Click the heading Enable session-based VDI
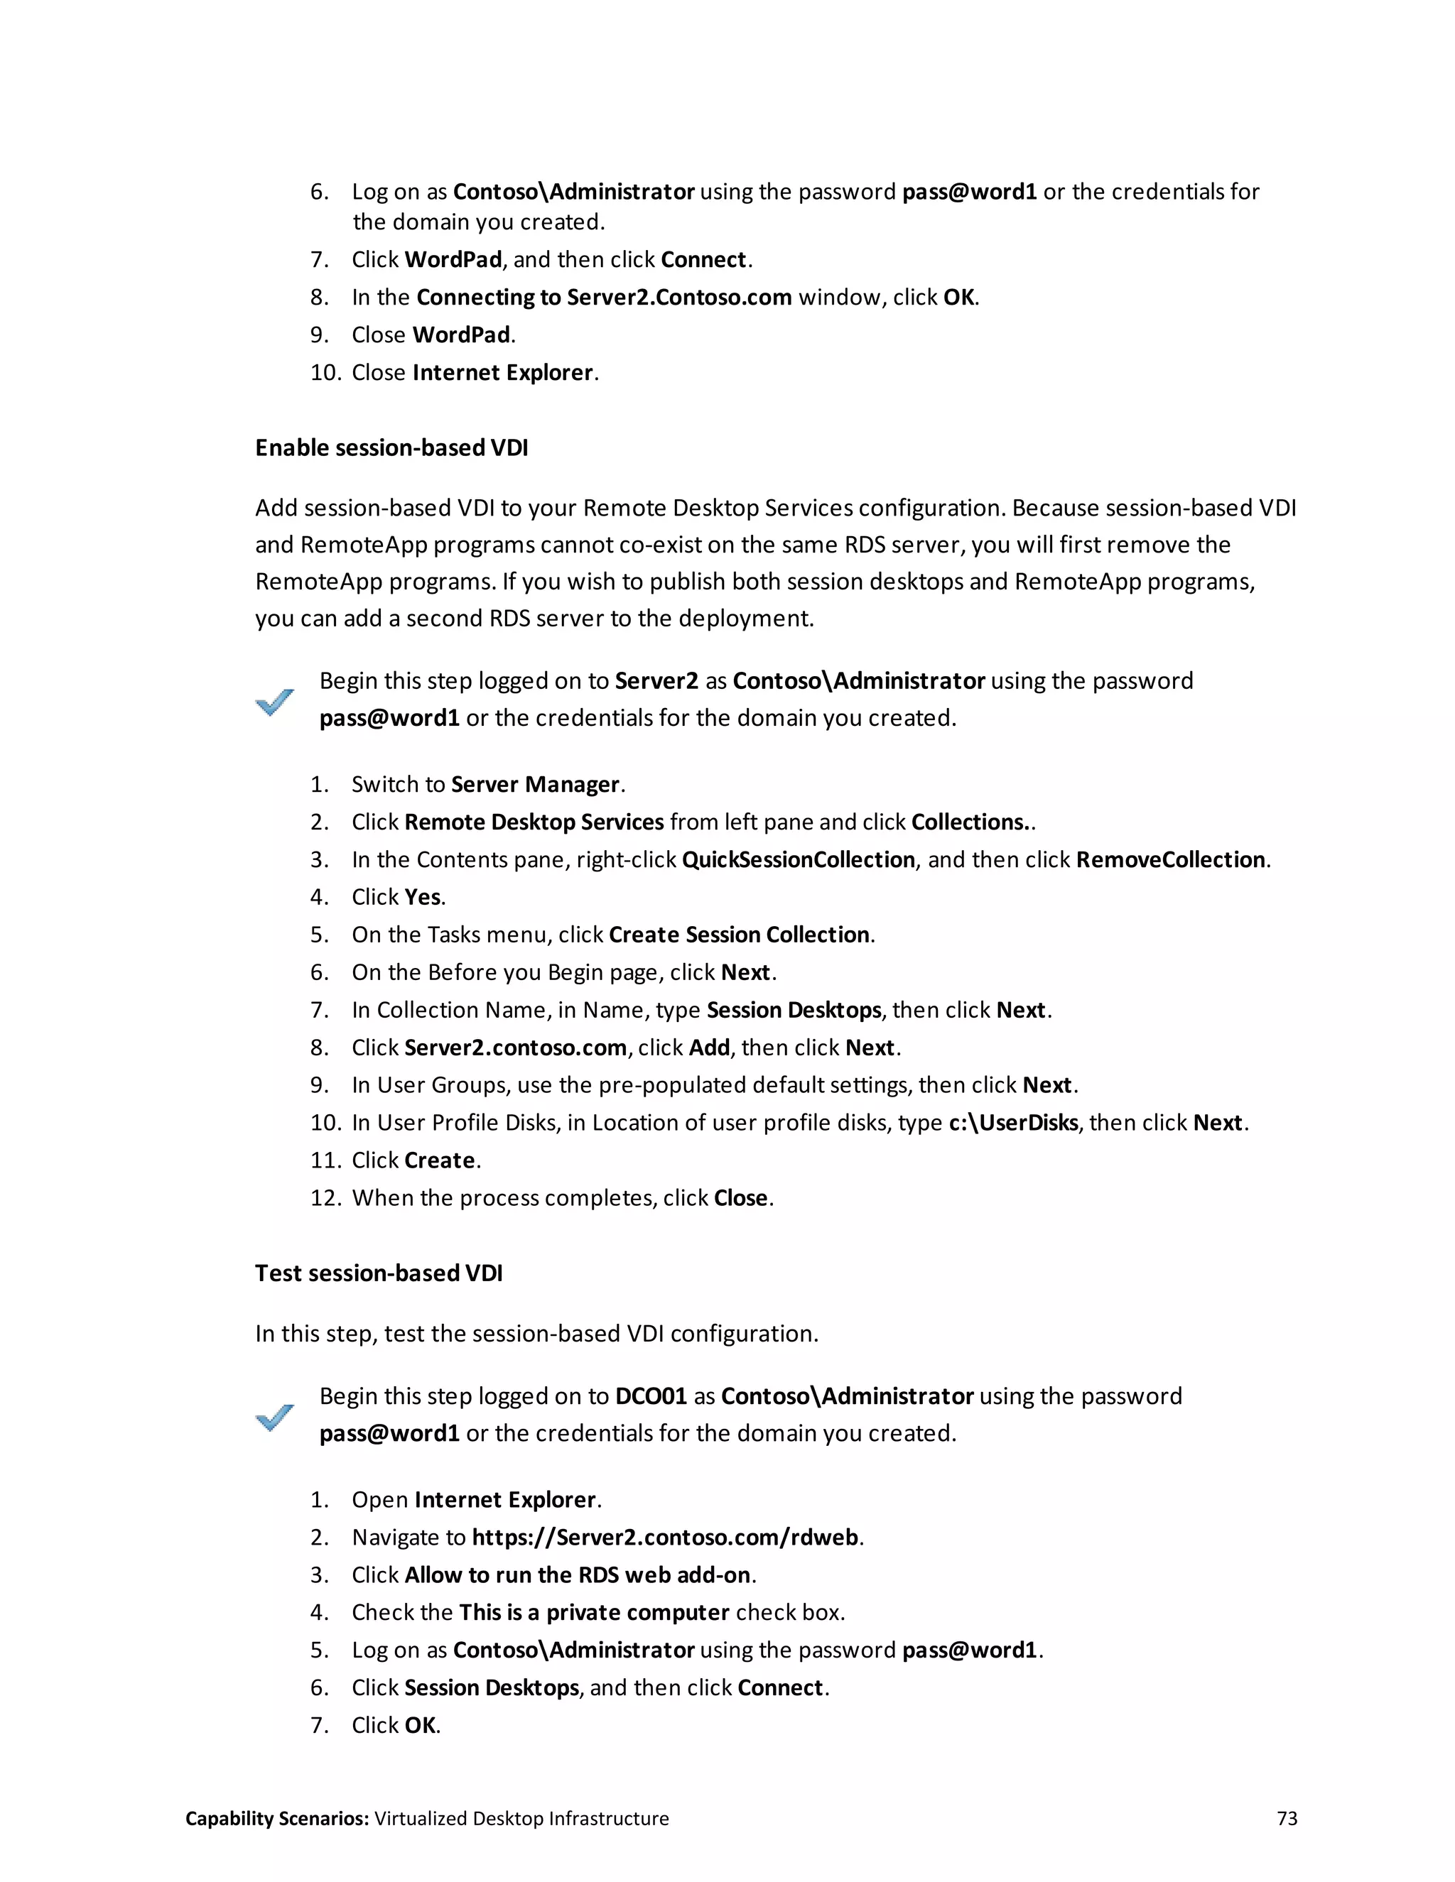pyautogui.click(x=391, y=448)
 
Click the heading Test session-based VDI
pyautogui.click(x=379, y=1273)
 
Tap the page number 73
pyautogui.click(x=1286, y=1818)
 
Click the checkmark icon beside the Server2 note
pyautogui.click(x=275, y=702)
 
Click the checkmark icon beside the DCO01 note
pyautogui.click(x=275, y=1418)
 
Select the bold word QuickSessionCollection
pyautogui.click(x=798, y=860)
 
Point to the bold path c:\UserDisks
pyautogui.click(x=1013, y=1123)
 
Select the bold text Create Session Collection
pyautogui.click(x=739, y=935)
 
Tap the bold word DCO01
pyautogui.click(x=651, y=1396)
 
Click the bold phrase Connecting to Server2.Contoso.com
pyautogui.click(x=603, y=298)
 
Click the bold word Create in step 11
pyautogui.click(x=440, y=1160)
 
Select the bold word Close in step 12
pyautogui.click(x=740, y=1198)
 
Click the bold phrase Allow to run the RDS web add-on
pyautogui.click(x=578, y=1575)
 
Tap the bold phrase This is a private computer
pyautogui.click(x=595, y=1612)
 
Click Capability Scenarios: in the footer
pyautogui.click(x=276, y=1818)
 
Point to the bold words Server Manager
pyautogui.click(x=535, y=785)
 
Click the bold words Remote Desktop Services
pyautogui.click(x=534, y=822)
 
